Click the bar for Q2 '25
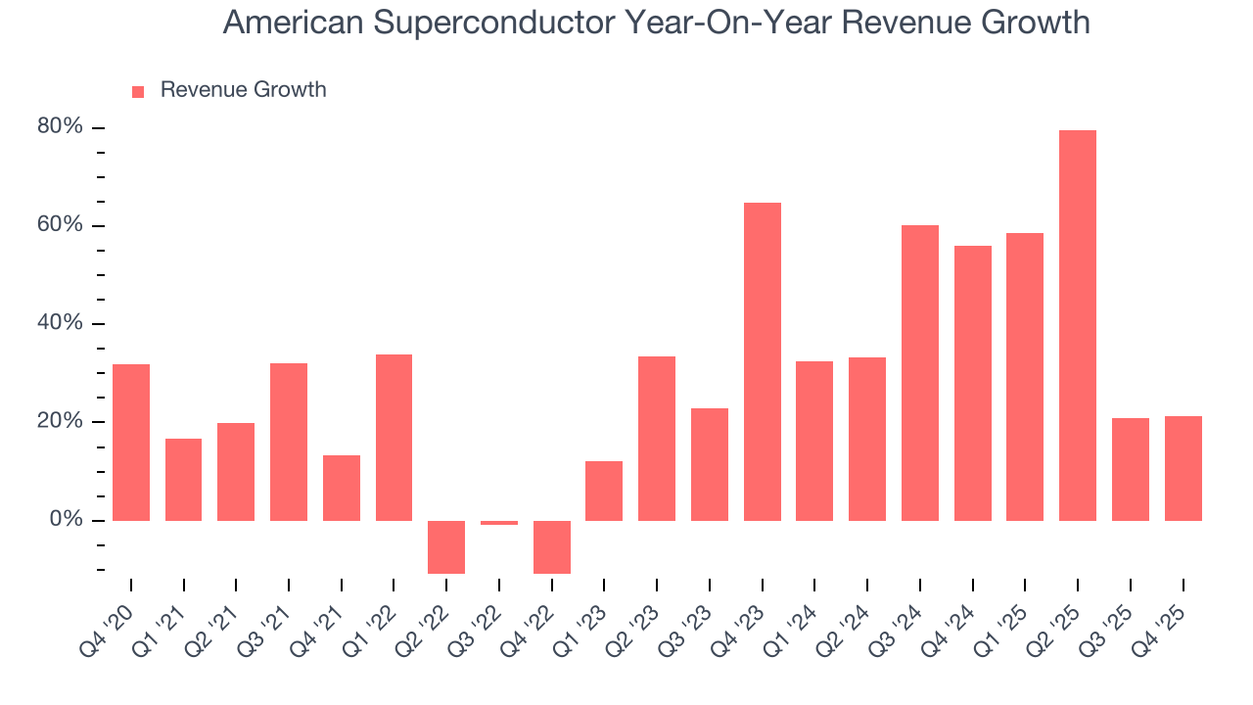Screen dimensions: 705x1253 tap(1077, 325)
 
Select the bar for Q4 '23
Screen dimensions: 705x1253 tap(762, 361)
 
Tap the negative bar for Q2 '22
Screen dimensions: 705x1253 tap(446, 546)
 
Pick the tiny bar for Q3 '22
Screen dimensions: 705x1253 tap(499, 523)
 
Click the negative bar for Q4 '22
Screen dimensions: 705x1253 tap(552, 546)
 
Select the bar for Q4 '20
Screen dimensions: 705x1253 tap(131, 442)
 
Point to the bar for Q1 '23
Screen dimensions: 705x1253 tap(604, 491)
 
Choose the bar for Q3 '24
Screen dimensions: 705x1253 tap(919, 372)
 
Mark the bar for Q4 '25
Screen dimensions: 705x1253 tap(1183, 468)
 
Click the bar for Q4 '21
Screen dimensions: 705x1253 tap(342, 488)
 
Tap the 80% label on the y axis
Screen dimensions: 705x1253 tap(61, 127)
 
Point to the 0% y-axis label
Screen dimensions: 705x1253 tap(66, 520)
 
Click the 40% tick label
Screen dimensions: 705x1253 tap(61, 323)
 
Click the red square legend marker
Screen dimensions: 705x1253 tap(138, 91)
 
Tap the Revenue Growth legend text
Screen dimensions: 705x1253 tap(243, 90)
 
